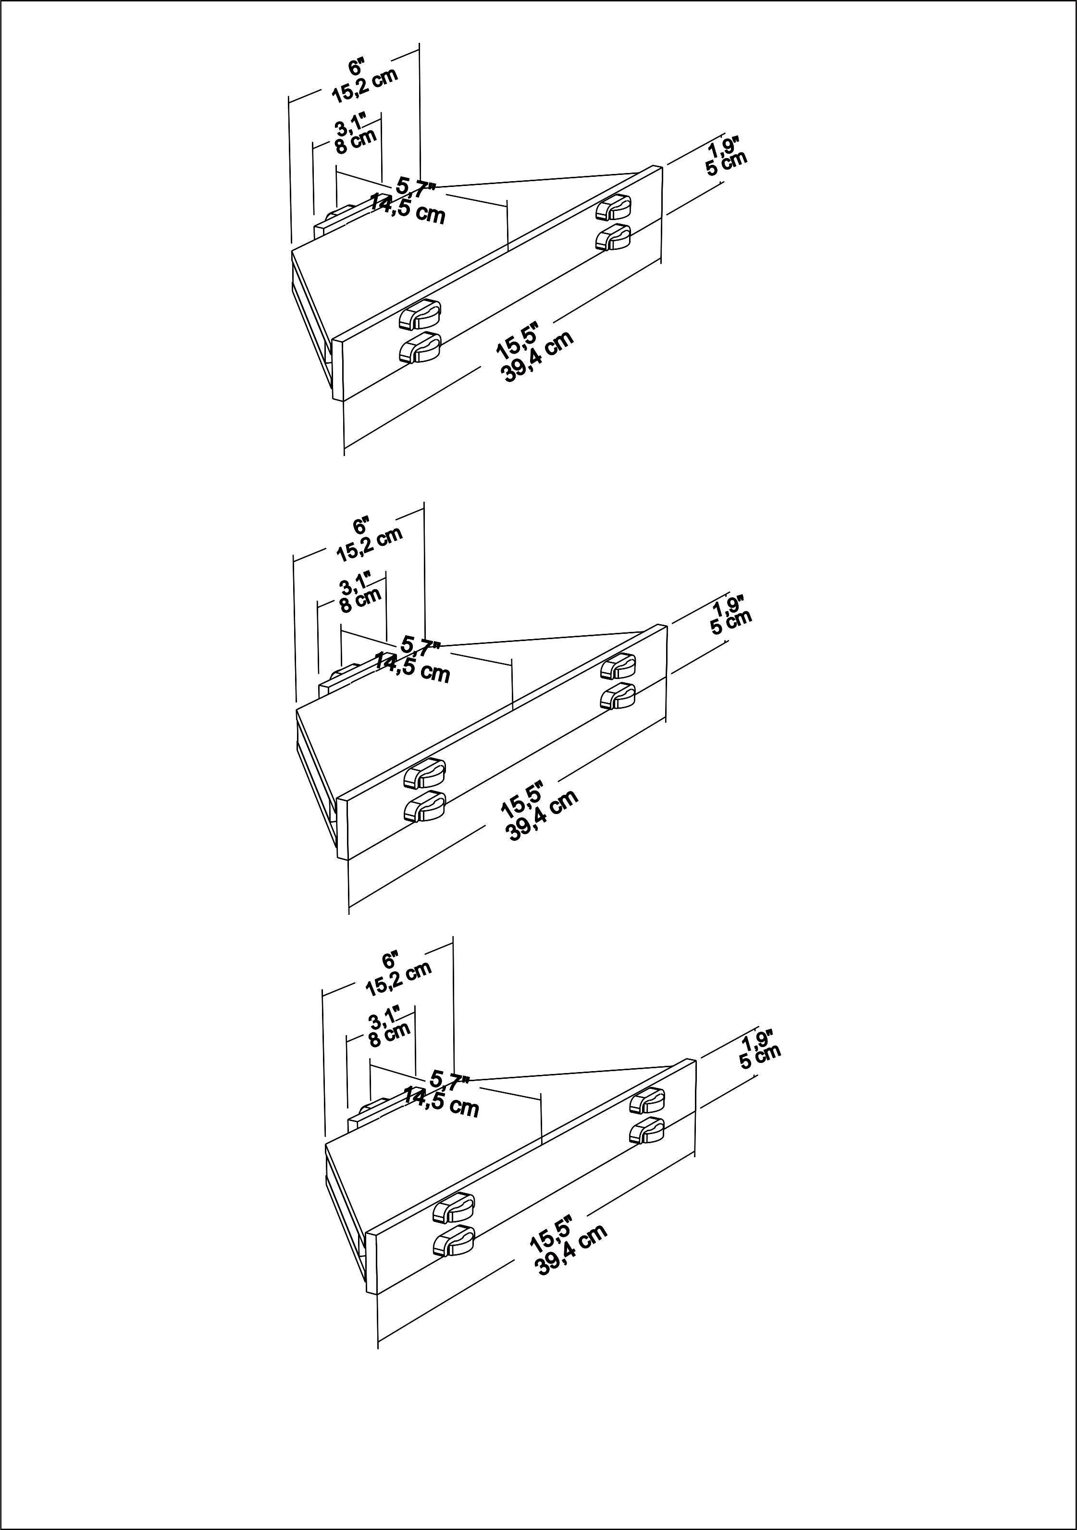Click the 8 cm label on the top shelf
tap(355, 141)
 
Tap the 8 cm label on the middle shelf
tap(360, 600)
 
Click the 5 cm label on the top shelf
tap(727, 162)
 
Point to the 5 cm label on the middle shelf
tap(731, 621)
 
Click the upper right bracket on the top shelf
tap(613, 207)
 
